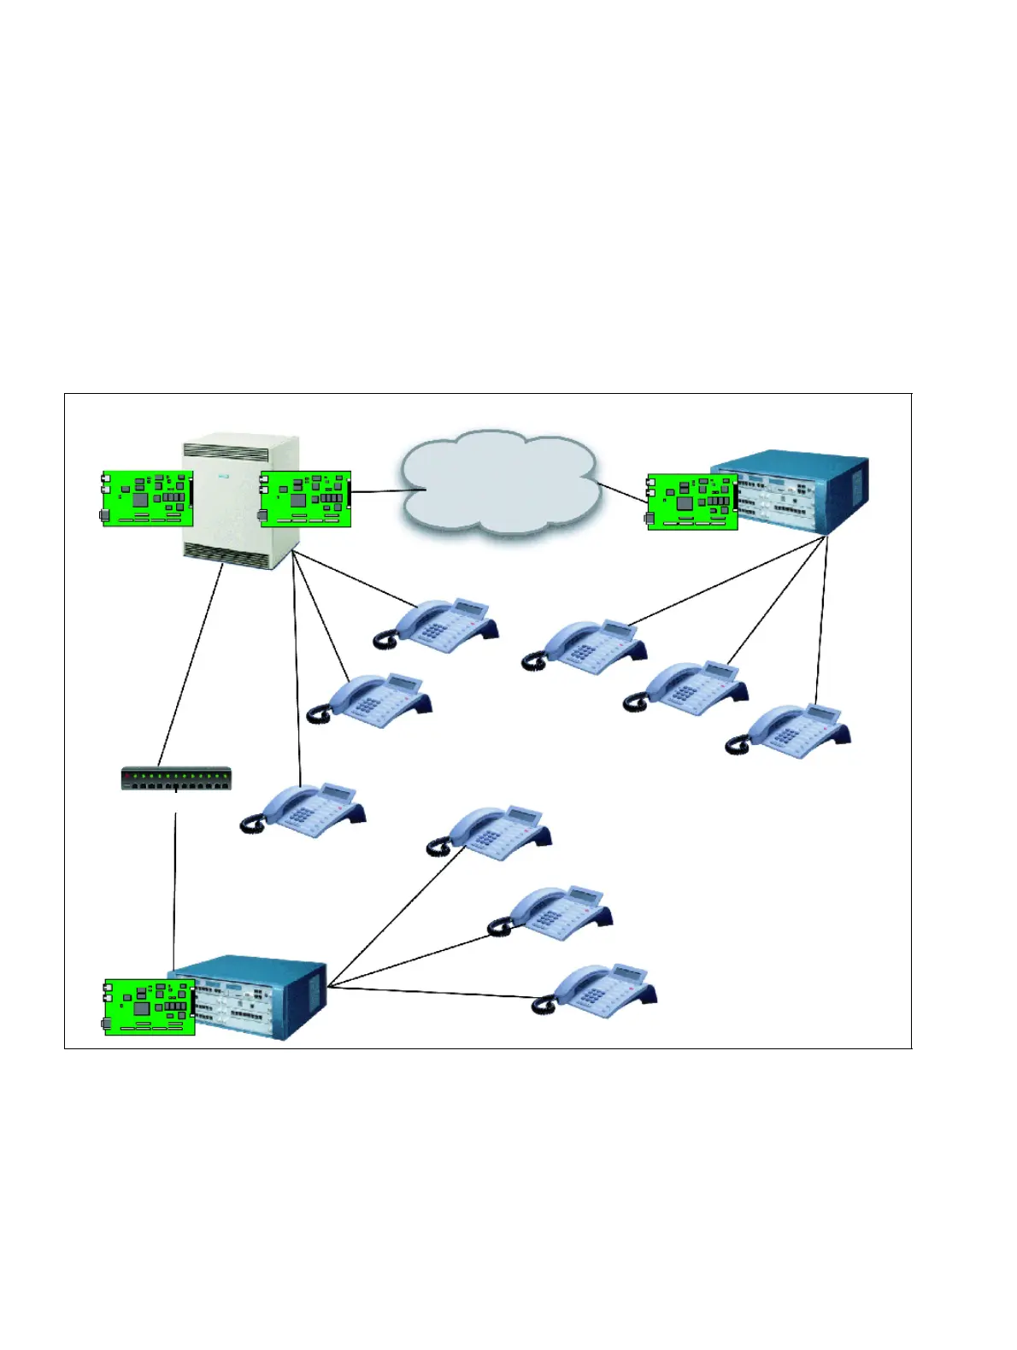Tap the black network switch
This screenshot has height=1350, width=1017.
point(176,778)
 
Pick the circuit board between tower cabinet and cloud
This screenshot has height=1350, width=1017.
point(305,498)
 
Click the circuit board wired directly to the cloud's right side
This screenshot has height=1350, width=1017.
point(691,502)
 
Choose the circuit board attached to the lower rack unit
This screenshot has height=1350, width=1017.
point(149,1007)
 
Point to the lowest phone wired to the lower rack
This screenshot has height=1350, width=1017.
point(598,990)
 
